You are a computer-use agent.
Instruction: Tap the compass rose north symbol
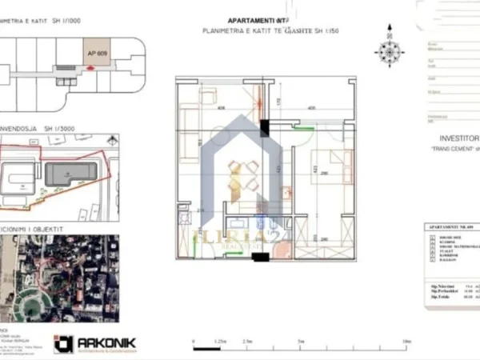pos(390,51)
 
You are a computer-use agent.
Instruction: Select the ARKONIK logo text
pos(106,342)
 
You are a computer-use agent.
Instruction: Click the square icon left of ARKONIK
pos(63,344)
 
